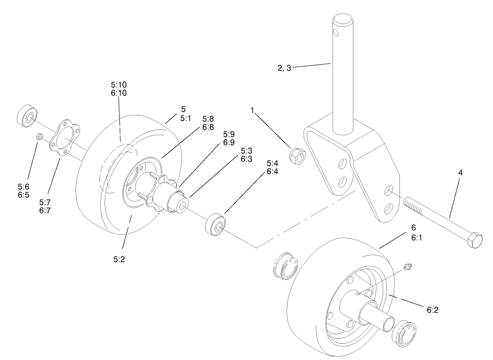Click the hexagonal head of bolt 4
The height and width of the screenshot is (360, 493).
475,240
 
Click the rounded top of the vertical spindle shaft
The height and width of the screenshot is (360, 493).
344,19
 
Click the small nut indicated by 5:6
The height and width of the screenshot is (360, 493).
39,137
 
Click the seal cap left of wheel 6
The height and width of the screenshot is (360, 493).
285,266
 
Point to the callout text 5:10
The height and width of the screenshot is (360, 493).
119,85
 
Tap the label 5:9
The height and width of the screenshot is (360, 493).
229,134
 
